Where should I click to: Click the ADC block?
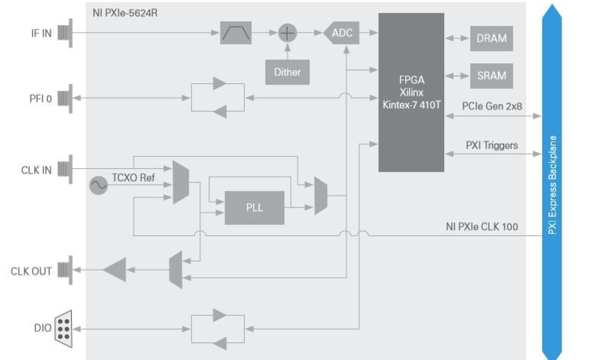[x=342, y=33]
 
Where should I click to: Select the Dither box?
[x=287, y=72]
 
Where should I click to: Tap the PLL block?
[x=254, y=208]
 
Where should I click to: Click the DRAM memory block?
[x=491, y=39]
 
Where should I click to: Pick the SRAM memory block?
[x=491, y=76]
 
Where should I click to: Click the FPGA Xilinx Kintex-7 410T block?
[x=411, y=92]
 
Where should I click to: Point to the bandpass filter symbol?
[x=236, y=33]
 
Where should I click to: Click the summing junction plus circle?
[x=287, y=33]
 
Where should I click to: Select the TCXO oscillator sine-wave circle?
[x=98, y=185]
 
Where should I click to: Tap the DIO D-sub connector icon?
[x=64, y=328]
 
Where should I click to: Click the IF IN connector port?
[x=65, y=33]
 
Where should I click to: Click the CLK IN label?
[x=36, y=170]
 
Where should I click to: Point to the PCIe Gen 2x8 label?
[x=491, y=106]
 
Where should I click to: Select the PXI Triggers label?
[x=491, y=145]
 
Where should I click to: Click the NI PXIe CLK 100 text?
[x=482, y=227]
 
